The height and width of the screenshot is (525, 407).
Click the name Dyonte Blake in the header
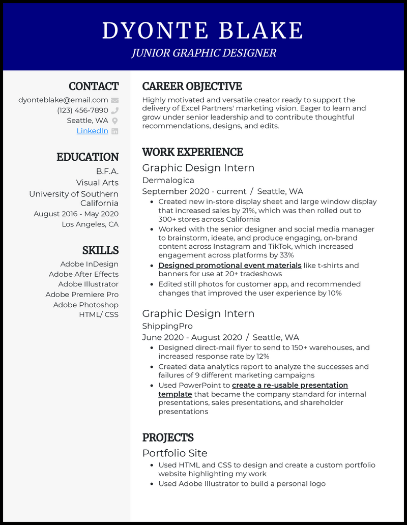pos(202,31)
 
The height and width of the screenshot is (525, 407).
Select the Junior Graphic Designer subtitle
pos(203,53)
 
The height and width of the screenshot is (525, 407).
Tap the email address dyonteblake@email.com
pos(63,100)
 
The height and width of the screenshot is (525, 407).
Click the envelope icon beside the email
pos(115,100)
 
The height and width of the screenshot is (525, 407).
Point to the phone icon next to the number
pos(115,110)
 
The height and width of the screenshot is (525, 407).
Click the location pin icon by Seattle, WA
pos(115,121)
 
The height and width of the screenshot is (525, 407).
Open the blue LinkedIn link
pos(92,131)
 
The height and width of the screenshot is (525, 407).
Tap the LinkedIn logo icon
pos(115,131)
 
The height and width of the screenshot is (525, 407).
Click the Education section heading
pos(88,157)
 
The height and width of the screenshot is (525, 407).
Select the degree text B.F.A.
pos(107,171)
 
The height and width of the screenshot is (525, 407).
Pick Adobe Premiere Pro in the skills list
pos(82,295)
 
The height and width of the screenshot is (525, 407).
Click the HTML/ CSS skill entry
pos(99,314)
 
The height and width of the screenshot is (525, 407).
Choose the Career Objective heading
pos(192,86)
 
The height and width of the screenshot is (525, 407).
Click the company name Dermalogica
pos(168,180)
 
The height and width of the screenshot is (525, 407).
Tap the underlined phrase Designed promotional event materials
pos(230,266)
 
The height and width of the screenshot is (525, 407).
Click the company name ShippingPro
pos(167,326)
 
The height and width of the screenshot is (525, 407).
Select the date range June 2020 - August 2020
pos(192,337)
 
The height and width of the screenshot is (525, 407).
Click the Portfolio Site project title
pos(175,453)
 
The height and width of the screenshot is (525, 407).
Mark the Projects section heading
pos(168,438)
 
